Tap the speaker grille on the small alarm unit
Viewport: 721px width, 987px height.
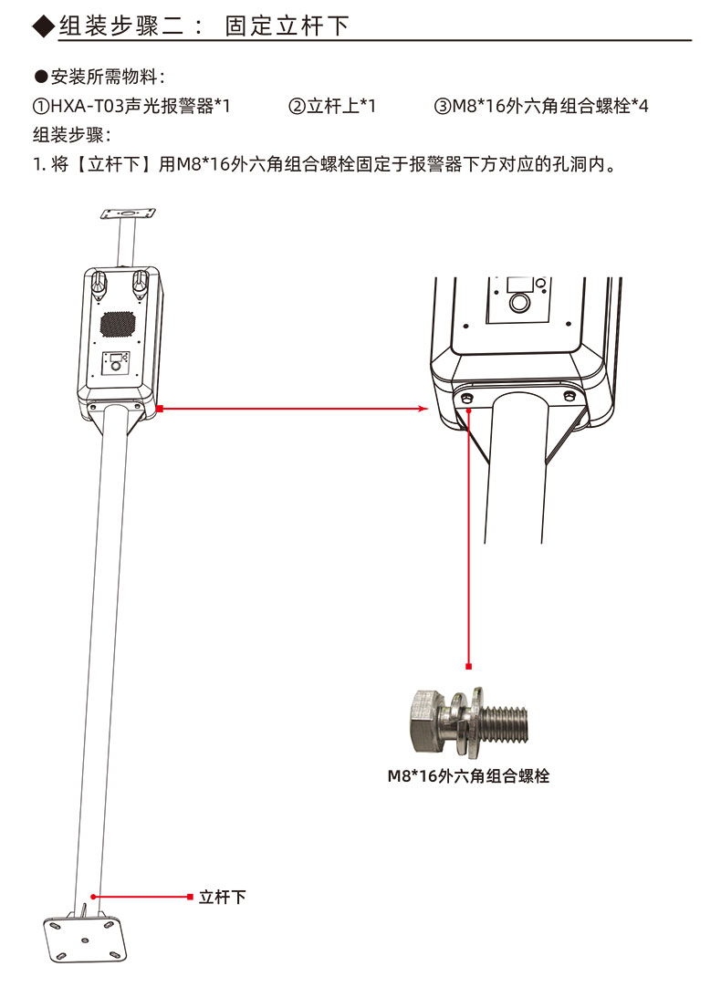[x=117, y=323]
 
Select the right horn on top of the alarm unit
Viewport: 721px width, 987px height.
[x=140, y=283]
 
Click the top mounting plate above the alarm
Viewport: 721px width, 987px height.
[x=127, y=214]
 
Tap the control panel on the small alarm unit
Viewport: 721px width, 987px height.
[x=116, y=366]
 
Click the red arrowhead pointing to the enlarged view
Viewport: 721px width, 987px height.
[x=423, y=410]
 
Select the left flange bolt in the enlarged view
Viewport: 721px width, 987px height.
[x=467, y=399]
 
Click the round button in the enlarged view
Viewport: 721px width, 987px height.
[x=520, y=302]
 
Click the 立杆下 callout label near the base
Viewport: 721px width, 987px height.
[x=223, y=897]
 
